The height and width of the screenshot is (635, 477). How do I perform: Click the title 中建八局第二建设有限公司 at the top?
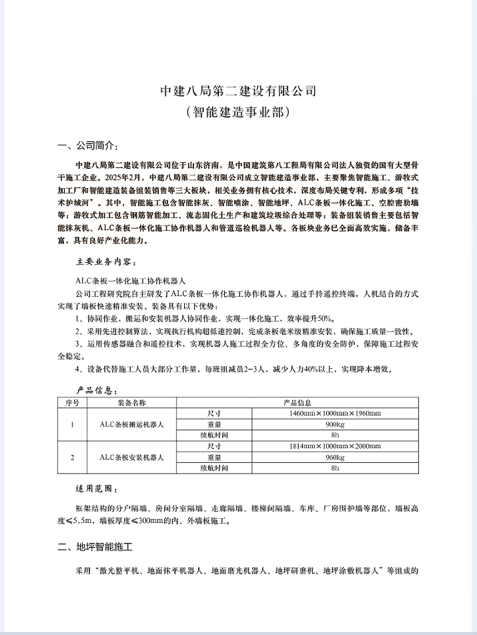click(x=238, y=91)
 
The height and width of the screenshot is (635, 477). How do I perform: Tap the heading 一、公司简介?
click(x=88, y=146)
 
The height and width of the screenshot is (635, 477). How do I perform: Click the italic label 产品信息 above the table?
click(x=96, y=391)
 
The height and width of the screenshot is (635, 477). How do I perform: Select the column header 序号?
click(x=73, y=403)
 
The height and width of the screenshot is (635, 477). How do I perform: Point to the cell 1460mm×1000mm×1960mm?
click(x=335, y=414)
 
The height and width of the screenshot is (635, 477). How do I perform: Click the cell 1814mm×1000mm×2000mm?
click(x=335, y=446)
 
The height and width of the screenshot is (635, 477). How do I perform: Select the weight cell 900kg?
click(x=335, y=424)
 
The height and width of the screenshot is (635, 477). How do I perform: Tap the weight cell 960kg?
click(x=335, y=457)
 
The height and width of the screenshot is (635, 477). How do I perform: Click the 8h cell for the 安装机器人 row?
click(x=335, y=468)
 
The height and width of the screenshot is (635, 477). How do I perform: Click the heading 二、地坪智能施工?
click(x=95, y=548)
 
